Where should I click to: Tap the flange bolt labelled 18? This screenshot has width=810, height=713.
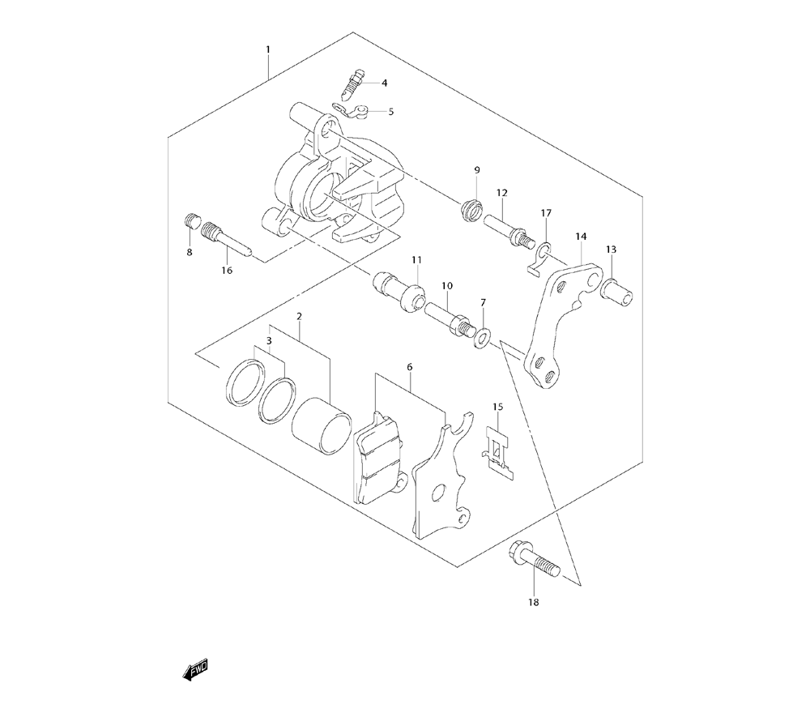click(x=535, y=561)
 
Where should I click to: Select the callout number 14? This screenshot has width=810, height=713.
click(x=581, y=237)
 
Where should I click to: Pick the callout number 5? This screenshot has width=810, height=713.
click(x=390, y=112)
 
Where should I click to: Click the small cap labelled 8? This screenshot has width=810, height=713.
click(x=192, y=220)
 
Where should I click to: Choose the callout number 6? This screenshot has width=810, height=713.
click(x=410, y=367)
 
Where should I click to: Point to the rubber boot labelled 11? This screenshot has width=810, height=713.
click(x=399, y=291)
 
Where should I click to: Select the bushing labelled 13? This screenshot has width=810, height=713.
click(x=619, y=288)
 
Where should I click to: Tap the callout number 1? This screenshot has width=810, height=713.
click(x=268, y=50)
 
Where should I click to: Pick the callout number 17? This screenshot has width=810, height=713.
click(x=546, y=213)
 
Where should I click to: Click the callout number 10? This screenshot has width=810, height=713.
click(x=446, y=286)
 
